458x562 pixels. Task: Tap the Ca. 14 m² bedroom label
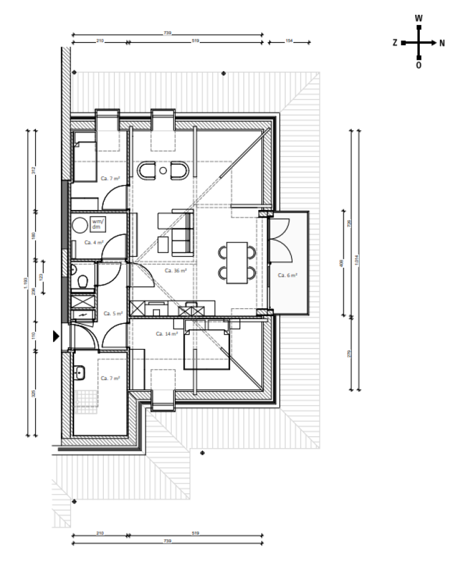click(x=168, y=334)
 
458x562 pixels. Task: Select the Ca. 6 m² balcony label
click(x=288, y=275)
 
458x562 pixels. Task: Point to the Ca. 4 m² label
click(x=94, y=242)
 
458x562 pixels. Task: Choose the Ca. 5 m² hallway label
click(x=113, y=313)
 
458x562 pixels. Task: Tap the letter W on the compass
click(x=419, y=18)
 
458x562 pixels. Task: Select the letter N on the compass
click(x=442, y=43)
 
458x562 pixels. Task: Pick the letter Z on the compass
click(x=395, y=43)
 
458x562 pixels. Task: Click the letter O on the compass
click(x=419, y=66)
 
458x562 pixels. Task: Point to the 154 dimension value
click(x=290, y=41)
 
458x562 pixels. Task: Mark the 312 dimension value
click(x=33, y=169)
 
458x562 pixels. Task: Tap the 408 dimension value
click(x=341, y=263)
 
